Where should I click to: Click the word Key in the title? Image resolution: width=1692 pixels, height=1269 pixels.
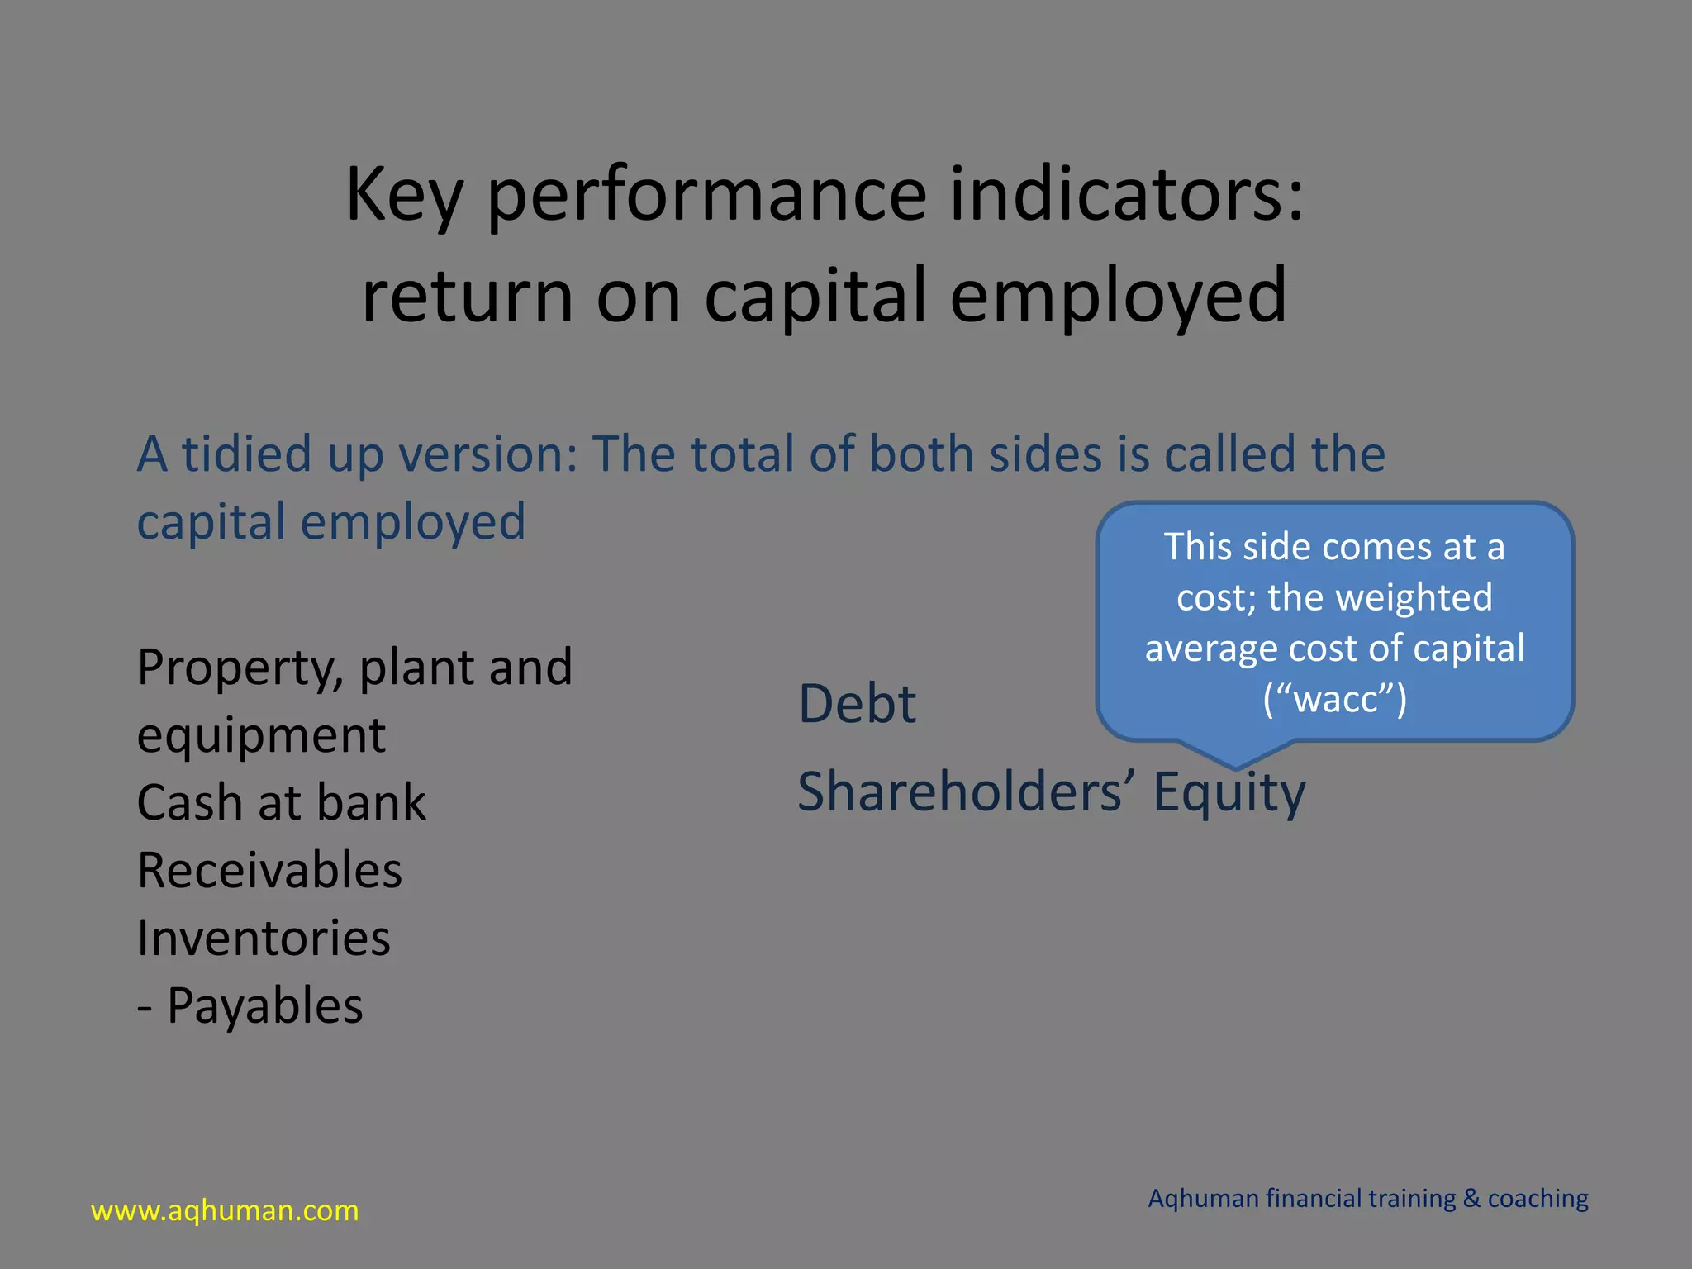404,196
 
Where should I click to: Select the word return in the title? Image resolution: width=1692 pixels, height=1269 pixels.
468,296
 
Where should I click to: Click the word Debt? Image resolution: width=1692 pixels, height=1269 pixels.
857,704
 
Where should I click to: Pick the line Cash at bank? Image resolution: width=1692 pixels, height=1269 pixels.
281,802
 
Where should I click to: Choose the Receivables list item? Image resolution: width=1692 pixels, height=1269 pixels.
269,870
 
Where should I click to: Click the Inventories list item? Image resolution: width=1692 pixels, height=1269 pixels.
264,938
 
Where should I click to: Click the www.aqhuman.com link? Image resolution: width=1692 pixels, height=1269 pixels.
225,1210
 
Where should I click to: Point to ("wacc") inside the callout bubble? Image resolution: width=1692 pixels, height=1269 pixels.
1334,699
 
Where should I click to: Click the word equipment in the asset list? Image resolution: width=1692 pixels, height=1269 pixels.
261,735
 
